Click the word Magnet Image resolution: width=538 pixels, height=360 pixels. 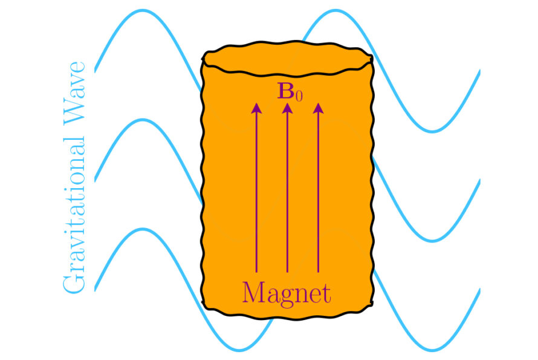coord(287,293)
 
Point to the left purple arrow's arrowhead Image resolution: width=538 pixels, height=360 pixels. coord(256,109)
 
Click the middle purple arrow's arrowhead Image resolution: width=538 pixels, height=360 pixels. coord(287,109)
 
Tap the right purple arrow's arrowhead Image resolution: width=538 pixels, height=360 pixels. coord(318,109)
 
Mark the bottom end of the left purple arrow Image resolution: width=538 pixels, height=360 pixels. coord(256,271)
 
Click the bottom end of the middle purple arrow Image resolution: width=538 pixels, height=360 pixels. coord(287,271)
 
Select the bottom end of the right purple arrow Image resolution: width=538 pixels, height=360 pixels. coord(318,271)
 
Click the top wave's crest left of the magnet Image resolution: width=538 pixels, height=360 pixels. coord(143,11)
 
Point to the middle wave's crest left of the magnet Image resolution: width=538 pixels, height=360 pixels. coord(143,120)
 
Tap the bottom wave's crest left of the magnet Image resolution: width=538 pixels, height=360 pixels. coord(143,229)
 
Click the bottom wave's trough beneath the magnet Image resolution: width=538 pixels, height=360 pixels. coord(239,349)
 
